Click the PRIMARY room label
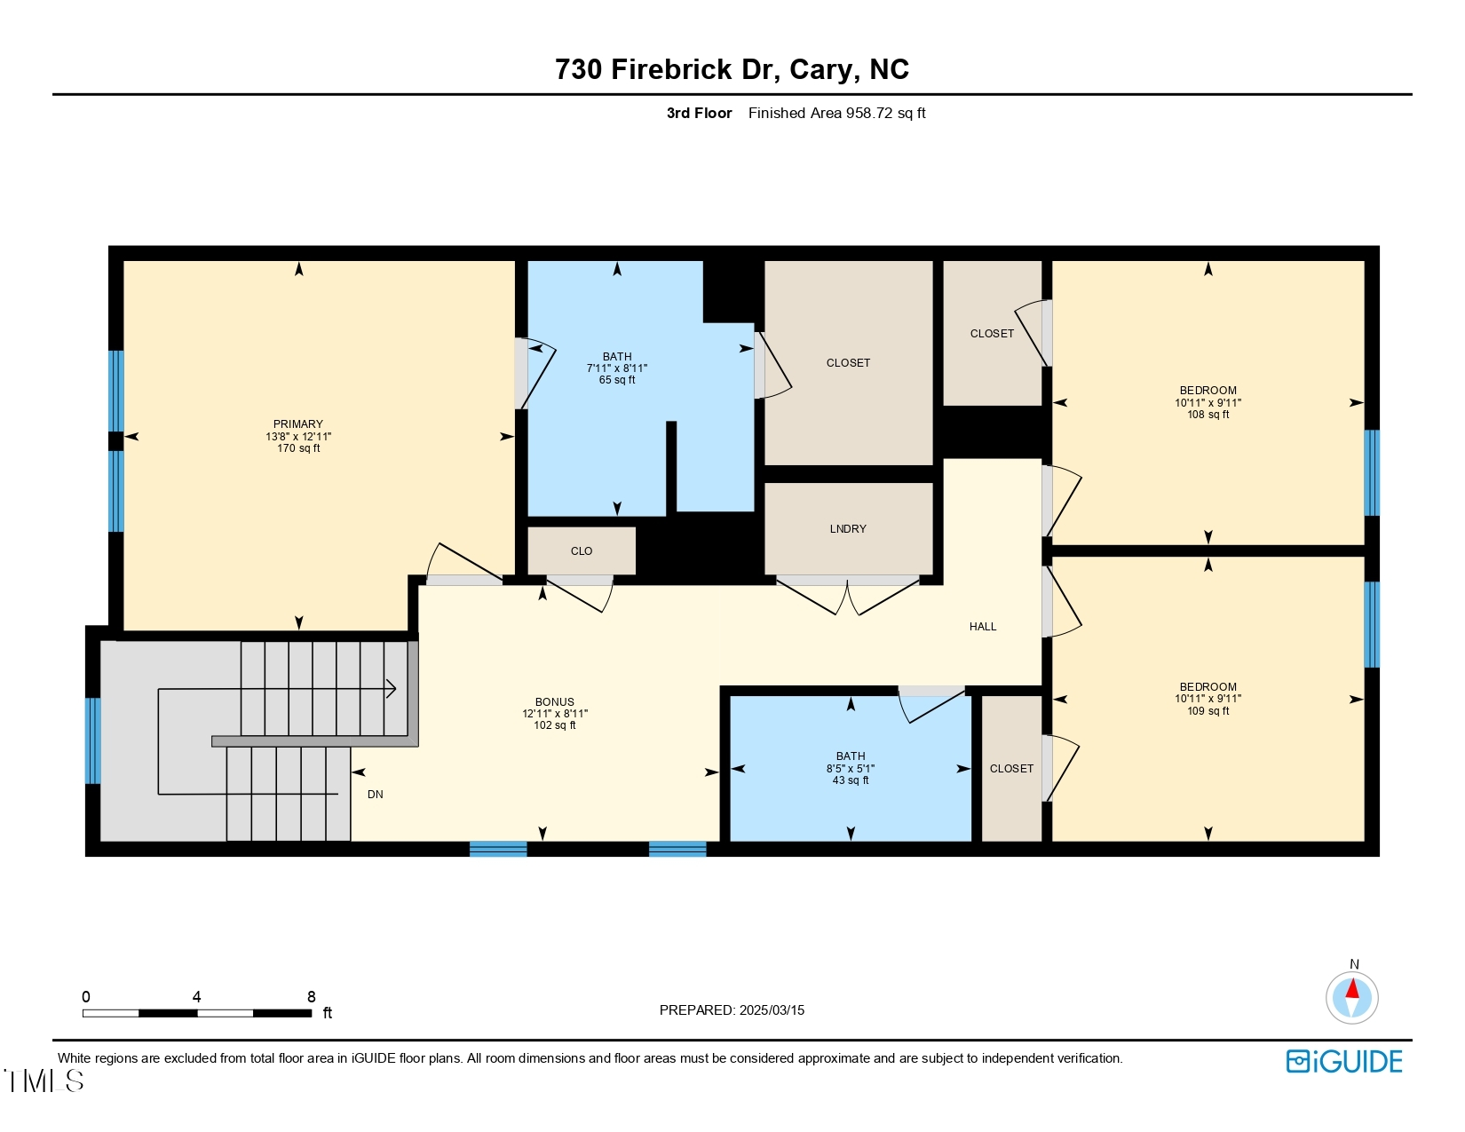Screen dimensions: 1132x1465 tap(297, 424)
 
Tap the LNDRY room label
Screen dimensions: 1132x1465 tap(848, 529)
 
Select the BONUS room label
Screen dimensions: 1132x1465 tap(554, 702)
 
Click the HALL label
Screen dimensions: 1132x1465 tap(982, 627)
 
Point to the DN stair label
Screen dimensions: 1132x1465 tap(376, 795)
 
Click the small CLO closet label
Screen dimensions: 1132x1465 tap(582, 551)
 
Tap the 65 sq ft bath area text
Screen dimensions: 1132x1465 tap(617, 381)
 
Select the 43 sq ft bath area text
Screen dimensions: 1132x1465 tap(851, 781)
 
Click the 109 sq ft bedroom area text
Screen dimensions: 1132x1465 tap(1208, 711)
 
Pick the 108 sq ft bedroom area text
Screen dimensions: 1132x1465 tap(1208, 415)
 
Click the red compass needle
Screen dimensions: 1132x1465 tap(1352, 988)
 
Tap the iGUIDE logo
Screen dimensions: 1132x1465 tap(1344, 1062)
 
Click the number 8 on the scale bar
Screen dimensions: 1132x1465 tap(312, 997)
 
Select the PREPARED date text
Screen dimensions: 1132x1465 tap(732, 1010)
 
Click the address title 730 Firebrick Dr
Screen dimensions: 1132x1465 tap(732, 69)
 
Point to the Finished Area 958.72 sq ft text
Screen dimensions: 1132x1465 tap(836, 113)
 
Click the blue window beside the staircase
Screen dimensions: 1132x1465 tap(92, 741)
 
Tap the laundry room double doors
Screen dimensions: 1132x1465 tap(848, 595)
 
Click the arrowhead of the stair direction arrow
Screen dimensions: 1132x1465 tap(392, 689)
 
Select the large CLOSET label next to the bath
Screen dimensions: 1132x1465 tap(848, 363)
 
